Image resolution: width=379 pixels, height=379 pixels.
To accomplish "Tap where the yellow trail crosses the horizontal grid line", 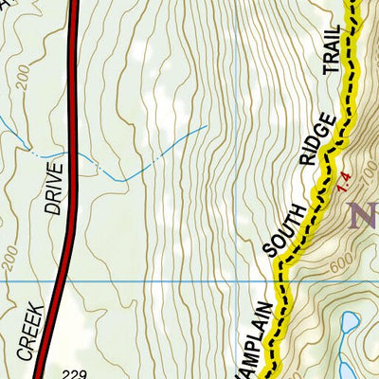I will point(279,281).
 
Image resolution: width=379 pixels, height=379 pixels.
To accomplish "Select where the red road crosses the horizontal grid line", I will point(60,281).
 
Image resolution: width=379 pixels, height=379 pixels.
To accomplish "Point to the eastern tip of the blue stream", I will point(206,125).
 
